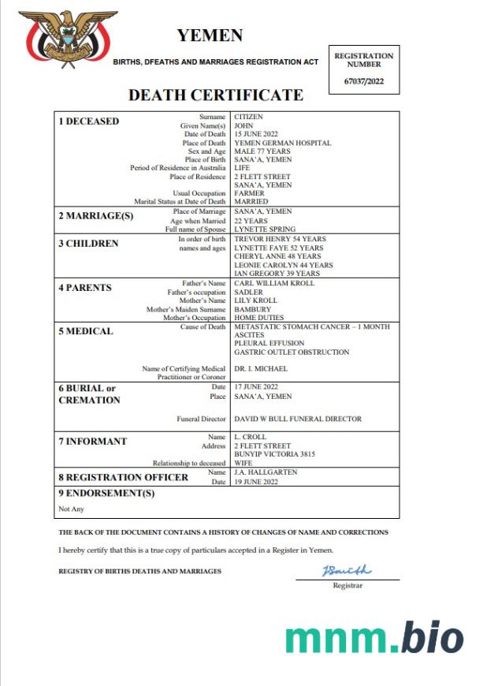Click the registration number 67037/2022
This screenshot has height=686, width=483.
[364, 80]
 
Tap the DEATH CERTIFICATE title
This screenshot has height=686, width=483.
[215, 95]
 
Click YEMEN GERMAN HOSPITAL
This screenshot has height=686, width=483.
[282, 144]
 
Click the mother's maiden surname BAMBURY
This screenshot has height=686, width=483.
[252, 309]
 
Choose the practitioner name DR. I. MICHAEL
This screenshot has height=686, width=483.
[261, 369]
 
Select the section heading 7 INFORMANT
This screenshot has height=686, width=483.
[92, 442]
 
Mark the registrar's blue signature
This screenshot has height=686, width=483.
[346, 570]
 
